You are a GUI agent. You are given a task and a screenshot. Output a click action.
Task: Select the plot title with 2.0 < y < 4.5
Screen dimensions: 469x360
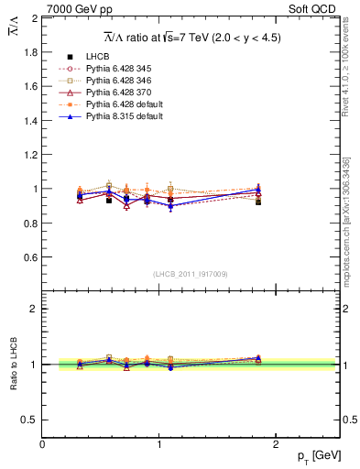pyautogui.click(x=191, y=38)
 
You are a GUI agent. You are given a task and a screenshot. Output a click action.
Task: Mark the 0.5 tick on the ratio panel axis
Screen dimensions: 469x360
pyautogui.click(x=31, y=420)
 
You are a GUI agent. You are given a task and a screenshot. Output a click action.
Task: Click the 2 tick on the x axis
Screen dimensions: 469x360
pyautogui.click(x=278, y=443)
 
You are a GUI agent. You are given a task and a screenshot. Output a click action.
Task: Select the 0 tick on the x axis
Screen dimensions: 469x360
pyautogui.click(x=42, y=443)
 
